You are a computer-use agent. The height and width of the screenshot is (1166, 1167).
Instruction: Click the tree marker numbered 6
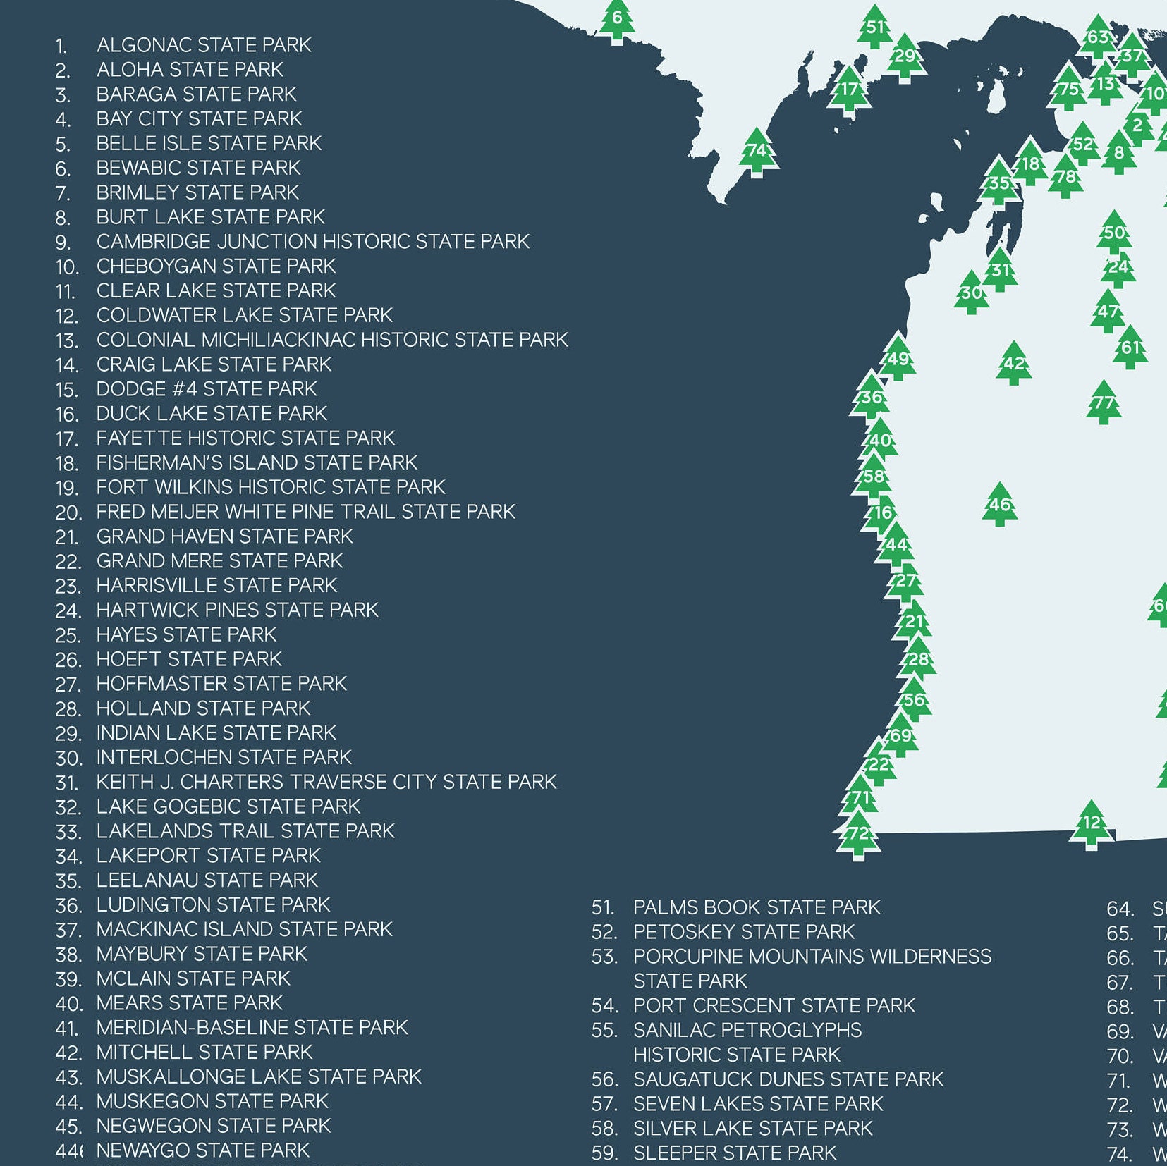(x=617, y=20)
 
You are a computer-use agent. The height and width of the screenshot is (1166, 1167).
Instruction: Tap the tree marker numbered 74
(x=757, y=152)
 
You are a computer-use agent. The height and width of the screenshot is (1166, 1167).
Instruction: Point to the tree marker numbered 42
(x=1014, y=364)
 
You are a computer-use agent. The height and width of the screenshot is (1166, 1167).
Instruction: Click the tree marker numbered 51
(x=875, y=28)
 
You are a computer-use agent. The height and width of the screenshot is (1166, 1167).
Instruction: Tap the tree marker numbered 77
(x=1104, y=403)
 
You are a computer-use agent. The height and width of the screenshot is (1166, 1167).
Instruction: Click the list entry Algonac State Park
(x=203, y=45)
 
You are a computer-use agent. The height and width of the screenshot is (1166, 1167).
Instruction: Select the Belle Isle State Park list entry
(x=209, y=143)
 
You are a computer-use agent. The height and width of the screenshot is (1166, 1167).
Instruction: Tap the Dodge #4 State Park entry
(x=207, y=389)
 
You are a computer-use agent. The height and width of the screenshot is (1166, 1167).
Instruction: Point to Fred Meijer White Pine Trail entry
(x=305, y=512)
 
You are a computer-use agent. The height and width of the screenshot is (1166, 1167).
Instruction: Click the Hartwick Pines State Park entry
(x=237, y=610)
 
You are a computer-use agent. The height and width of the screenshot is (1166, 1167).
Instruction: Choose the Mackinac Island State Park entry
(x=244, y=929)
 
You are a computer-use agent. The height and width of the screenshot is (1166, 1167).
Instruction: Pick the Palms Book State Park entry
(x=757, y=907)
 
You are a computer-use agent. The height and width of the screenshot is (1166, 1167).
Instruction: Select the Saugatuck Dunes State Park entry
(x=788, y=1079)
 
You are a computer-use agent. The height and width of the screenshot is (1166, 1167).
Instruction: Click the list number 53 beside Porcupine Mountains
(x=604, y=957)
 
